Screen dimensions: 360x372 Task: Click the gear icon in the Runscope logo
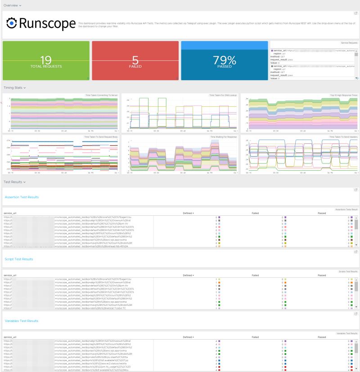pos(12,23)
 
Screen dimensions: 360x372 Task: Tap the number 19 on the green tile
pos(46,59)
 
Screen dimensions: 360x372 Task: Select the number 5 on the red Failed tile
pos(135,59)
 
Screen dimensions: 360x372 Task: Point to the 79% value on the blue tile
pos(224,59)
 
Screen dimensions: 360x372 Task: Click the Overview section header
pos(12,5)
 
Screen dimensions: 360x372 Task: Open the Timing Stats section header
pos(14,88)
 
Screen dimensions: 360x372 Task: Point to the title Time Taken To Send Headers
pos(343,136)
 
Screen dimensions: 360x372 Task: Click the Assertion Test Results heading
pos(22,197)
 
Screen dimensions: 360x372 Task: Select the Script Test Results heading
pos(18,259)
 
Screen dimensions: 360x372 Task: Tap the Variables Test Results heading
pos(21,321)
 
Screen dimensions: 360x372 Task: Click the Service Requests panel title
pos(349,43)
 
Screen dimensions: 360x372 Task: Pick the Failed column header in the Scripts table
pos(255,275)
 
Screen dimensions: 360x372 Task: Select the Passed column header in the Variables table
pos(322,337)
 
